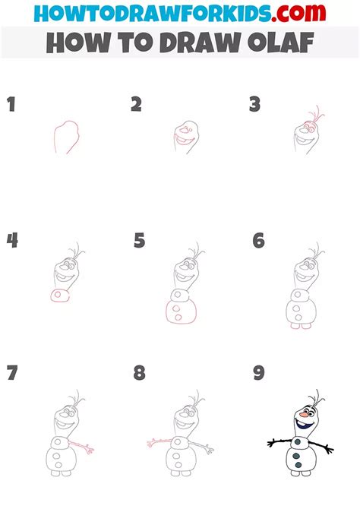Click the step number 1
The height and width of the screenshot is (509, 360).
point(11,104)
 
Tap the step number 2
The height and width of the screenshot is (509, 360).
point(136,104)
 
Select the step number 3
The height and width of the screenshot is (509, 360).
point(255,104)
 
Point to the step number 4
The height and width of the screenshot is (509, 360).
point(12,241)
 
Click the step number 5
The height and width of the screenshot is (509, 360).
point(139,241)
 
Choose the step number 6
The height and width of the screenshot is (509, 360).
point(259,241)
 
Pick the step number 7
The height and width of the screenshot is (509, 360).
point(12,374)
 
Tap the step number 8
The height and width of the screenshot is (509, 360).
point(139,374)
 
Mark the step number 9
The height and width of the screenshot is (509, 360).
point(259,374)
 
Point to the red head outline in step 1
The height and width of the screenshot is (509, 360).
point(65,137)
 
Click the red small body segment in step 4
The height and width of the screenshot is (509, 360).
point(58,295)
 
